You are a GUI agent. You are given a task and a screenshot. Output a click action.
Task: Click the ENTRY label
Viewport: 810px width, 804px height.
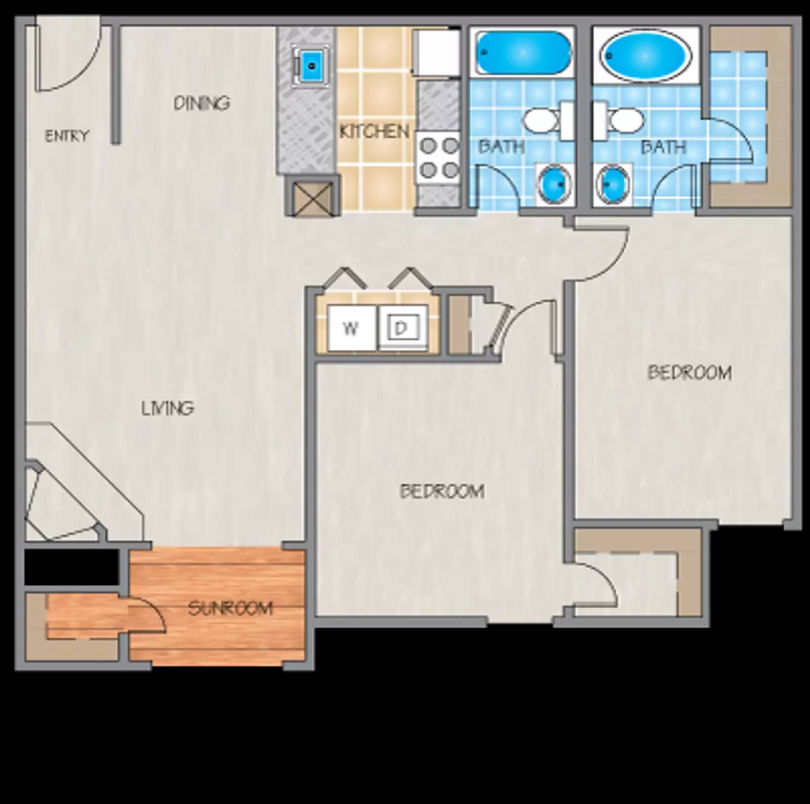click(66, 136)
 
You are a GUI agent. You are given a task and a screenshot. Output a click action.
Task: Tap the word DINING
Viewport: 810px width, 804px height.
click(201, 103)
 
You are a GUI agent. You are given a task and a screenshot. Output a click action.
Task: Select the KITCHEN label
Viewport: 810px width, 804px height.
click(374, 132)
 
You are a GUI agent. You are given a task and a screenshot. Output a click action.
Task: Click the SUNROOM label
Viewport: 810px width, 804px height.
click(230, 608)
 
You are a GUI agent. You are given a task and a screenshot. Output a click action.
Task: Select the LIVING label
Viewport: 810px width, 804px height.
click(168, 408)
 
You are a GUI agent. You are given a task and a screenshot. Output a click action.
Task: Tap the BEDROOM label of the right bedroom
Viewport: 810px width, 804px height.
click(690, 373)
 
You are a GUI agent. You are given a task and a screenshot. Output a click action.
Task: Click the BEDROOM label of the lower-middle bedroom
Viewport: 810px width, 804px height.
click(442, 491)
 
